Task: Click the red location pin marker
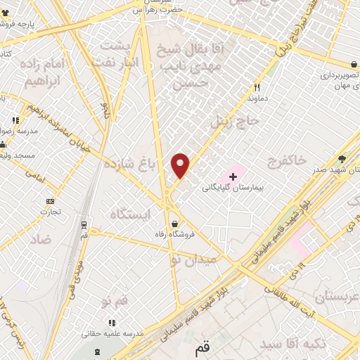(181, 165)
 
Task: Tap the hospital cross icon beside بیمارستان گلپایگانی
(233, 173)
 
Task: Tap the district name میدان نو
(195, 259)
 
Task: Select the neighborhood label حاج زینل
(230, 122)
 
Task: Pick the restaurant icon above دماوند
(257, 87)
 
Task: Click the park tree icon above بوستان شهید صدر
(342, 159)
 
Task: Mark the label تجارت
(50, 210)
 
